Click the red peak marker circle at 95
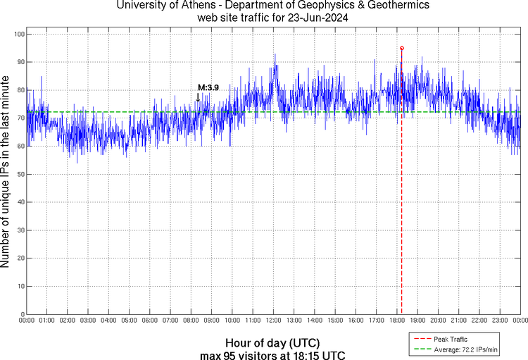pyautogui.click(x=401, y=48)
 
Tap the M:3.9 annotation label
pyautogui.click(x=208, y=87)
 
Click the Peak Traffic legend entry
pyautogui.click(x=450, y=339)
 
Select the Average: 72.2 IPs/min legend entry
pyautogui.click(x=462, y=349)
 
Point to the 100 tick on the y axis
pyautogui.click(x=19, y=34)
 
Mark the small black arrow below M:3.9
pyautogui.click(x=199, y=97)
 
